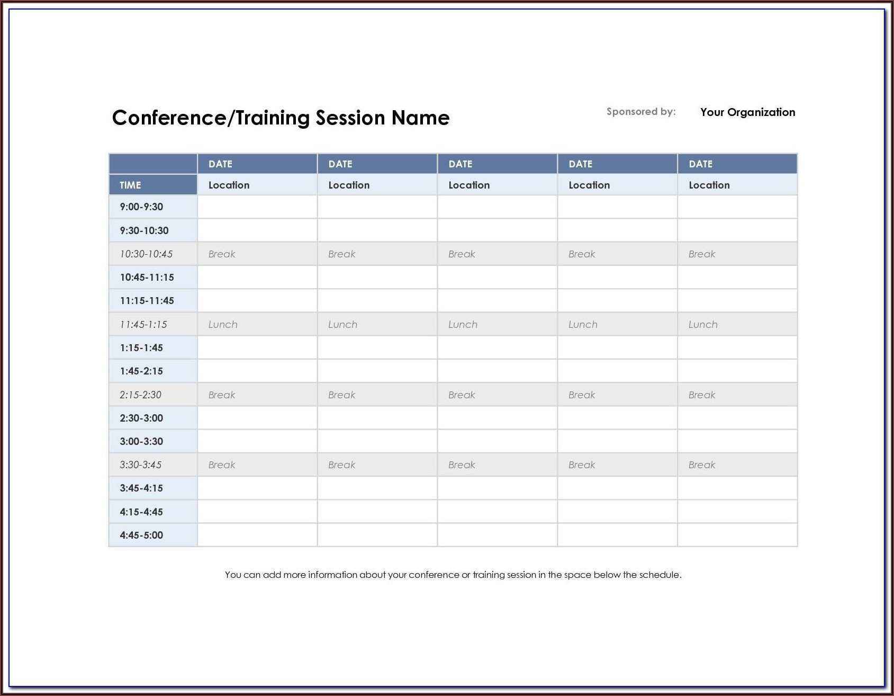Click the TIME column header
[x=130, y=185]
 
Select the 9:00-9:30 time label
[x=141, y=207]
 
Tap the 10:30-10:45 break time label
[x=146, y=254]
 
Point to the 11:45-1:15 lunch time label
[x=143, y=324]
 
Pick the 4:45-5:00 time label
[x=141, y=535]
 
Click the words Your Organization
[x=747, y=112]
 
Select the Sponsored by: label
[x=641, y=112]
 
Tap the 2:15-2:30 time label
[x=140, y=395]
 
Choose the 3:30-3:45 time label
[x=140, y=465]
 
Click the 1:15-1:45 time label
[x=141, y=347]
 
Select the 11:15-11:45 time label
[x=147, y=300]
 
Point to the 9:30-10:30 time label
[x=144, y=230]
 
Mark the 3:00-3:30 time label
[x=141, y=441]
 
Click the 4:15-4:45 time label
[x=141, y=512]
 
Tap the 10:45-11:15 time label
[x=147, y=277]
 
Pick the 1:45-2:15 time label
[x=141, y=371]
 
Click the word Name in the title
[x=420, y=118]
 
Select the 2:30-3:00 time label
[x=141, y=418]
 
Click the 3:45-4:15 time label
[x=141, y=488]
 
